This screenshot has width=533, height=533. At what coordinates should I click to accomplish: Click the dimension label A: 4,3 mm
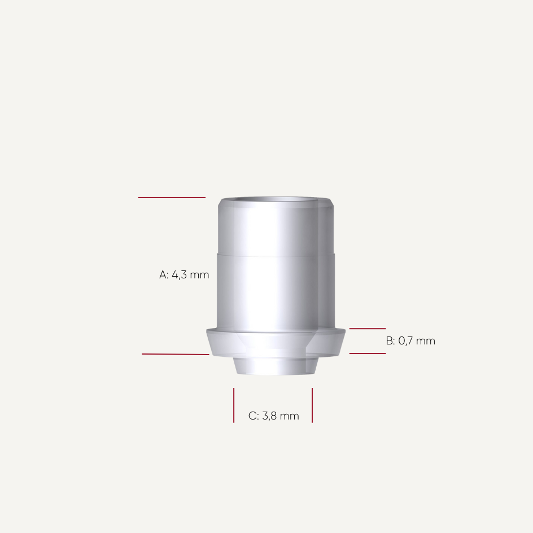[184, 275]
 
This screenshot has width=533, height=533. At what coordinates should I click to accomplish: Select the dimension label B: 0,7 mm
[410, 341]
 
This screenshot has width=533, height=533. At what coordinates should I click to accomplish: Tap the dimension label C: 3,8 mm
[274, 416]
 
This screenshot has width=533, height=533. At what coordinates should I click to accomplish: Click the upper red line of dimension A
[172, 198]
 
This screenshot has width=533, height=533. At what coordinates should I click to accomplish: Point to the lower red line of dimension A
[175, 354]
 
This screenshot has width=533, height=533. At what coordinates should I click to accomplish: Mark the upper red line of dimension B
[368, 328]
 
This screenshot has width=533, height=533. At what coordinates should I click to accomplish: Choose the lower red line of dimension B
[368, 353]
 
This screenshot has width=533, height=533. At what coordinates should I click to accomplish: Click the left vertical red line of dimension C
[234, 405]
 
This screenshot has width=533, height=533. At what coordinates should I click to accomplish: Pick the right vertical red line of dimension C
[312, 405]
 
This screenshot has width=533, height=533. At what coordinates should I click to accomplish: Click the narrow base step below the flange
[276, 365]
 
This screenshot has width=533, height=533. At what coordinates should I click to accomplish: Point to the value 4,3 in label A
[179, 275]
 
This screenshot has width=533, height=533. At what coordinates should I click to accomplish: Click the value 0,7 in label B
[406, 341]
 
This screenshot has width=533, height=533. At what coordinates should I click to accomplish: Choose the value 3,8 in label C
[269, 416]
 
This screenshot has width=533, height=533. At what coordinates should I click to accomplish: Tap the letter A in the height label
[163, 275]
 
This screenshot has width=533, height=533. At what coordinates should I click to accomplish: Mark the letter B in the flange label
[390, 341]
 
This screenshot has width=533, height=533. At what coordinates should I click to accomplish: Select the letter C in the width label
[252, 416]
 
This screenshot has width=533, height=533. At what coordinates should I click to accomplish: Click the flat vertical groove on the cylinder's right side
[327, 265]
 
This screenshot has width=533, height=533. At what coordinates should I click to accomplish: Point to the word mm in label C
[290, 416]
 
